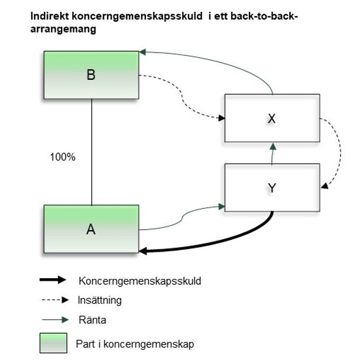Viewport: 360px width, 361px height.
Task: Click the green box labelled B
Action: tap(91, 74)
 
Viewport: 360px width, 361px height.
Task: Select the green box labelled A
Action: tap(91, 229)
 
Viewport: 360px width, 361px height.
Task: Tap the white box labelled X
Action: tap(272, 118)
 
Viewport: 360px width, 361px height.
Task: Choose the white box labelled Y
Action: tap(272, 188)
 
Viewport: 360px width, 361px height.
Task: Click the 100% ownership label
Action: tap(63, 158)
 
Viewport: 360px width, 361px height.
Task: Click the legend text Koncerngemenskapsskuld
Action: tap(140, 281)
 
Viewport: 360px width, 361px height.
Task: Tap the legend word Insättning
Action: tap(99, 300)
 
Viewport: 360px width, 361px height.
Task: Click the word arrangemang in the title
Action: tap(63, 29)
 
